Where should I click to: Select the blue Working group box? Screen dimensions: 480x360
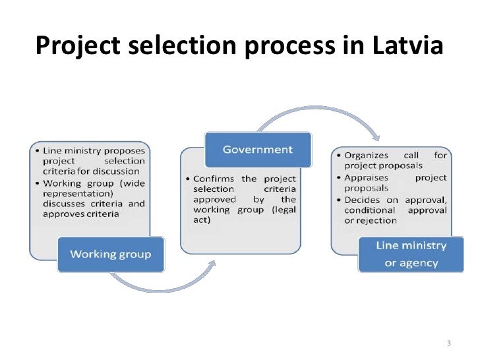pyautogui.click(x=111, y=255)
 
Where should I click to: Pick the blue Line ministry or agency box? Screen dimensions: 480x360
pyautogui.click(x=411, y=254)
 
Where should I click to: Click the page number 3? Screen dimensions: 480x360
pyautogui.click(x=448, y=344)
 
